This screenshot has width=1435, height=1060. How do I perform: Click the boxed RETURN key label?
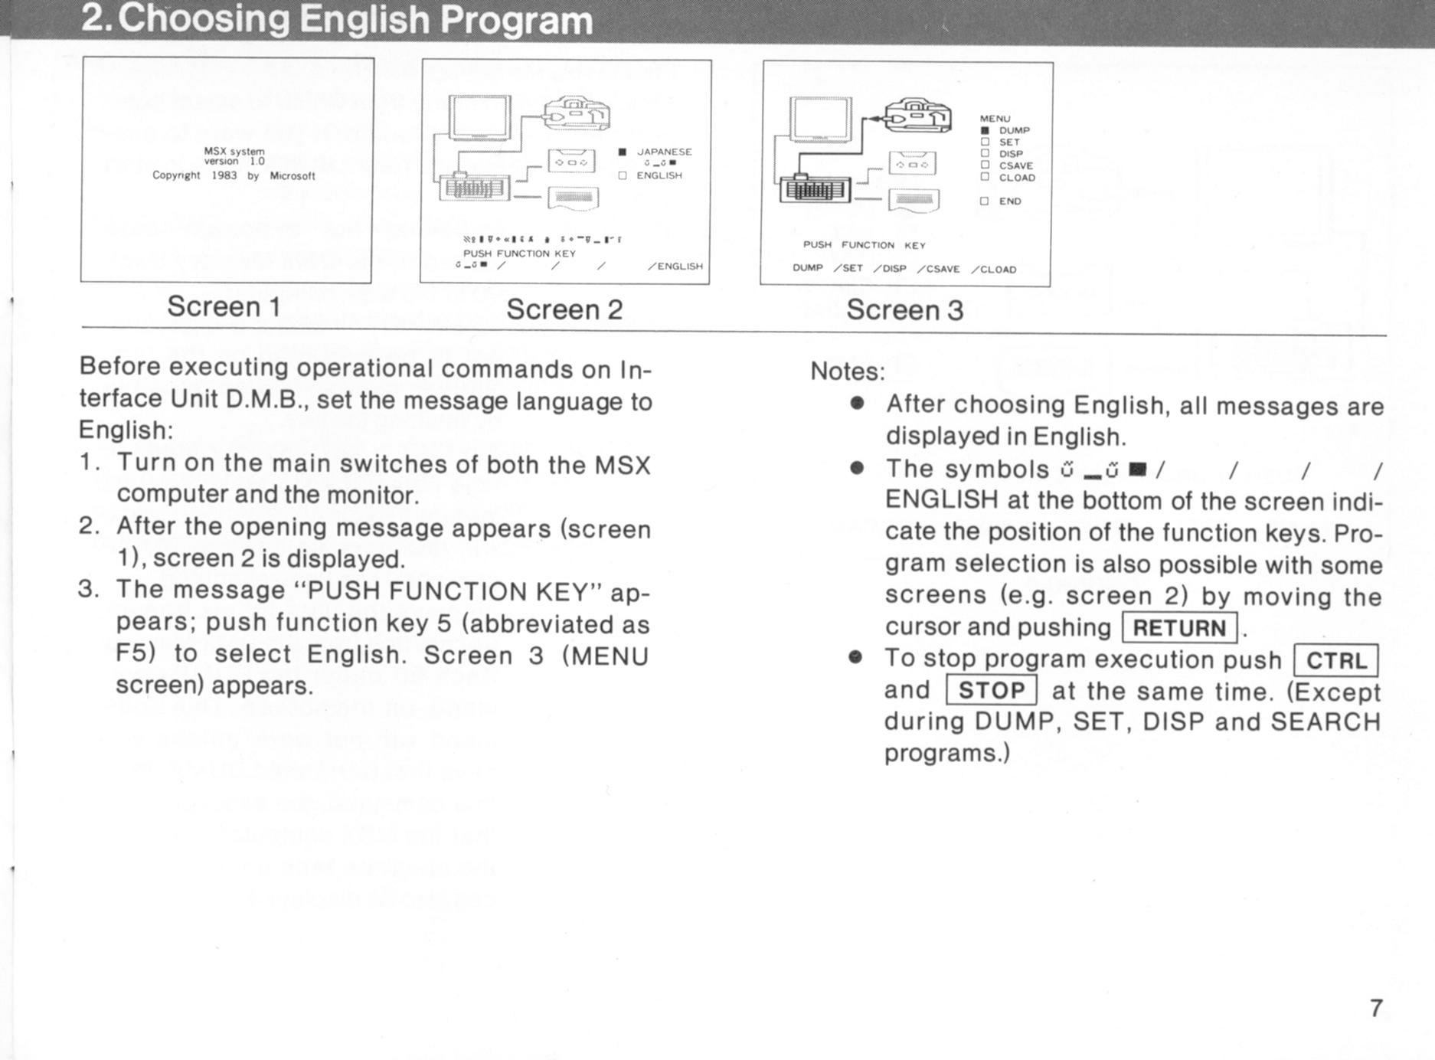pos(1179,628)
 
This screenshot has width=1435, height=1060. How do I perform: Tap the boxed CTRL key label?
pos(1336,661)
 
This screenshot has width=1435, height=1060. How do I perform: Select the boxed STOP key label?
pos(992,691)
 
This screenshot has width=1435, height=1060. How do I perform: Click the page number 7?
pos(1376,1008)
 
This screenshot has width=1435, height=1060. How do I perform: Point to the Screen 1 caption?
pos(224,306)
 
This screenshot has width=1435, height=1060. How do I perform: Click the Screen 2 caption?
pos(564,309)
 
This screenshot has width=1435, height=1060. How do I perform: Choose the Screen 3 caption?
pos(904,310)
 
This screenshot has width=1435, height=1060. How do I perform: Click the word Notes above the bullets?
pos(847,371)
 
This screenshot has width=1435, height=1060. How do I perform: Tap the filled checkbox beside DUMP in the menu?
pos(986,130)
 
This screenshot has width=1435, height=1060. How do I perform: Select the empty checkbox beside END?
pos(986,201)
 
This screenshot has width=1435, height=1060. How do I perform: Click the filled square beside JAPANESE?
pos(623,152)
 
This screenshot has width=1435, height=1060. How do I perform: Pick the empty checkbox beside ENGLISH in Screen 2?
pos(623,175)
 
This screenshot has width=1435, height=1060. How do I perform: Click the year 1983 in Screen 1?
pos(224,175)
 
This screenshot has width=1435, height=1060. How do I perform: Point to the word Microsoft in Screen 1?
pos(293,176)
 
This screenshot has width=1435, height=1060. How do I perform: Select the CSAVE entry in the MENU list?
pos(1015,165)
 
